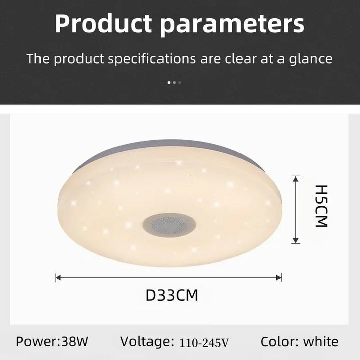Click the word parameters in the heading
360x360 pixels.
coord(232,25)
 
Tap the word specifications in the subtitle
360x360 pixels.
coord(152,59)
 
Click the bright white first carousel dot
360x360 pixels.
coord(169,82)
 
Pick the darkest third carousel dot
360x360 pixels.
coord(180,82)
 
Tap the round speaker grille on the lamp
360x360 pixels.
coord(169,225)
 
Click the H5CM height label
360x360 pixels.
coord(321,206)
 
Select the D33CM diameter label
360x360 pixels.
coord(172,295)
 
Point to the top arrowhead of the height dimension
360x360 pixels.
coord(296,179)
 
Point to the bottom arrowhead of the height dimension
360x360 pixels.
coord(296,240)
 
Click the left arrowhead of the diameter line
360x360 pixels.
coord(58,278)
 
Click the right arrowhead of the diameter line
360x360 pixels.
coord(279,278)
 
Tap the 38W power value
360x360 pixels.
coord(75,341)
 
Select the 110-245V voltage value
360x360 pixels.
coord(204,343)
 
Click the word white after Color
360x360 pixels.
coord(321,342)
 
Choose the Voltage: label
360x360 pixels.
coord(147,342)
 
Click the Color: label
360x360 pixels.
coord(280,342)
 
